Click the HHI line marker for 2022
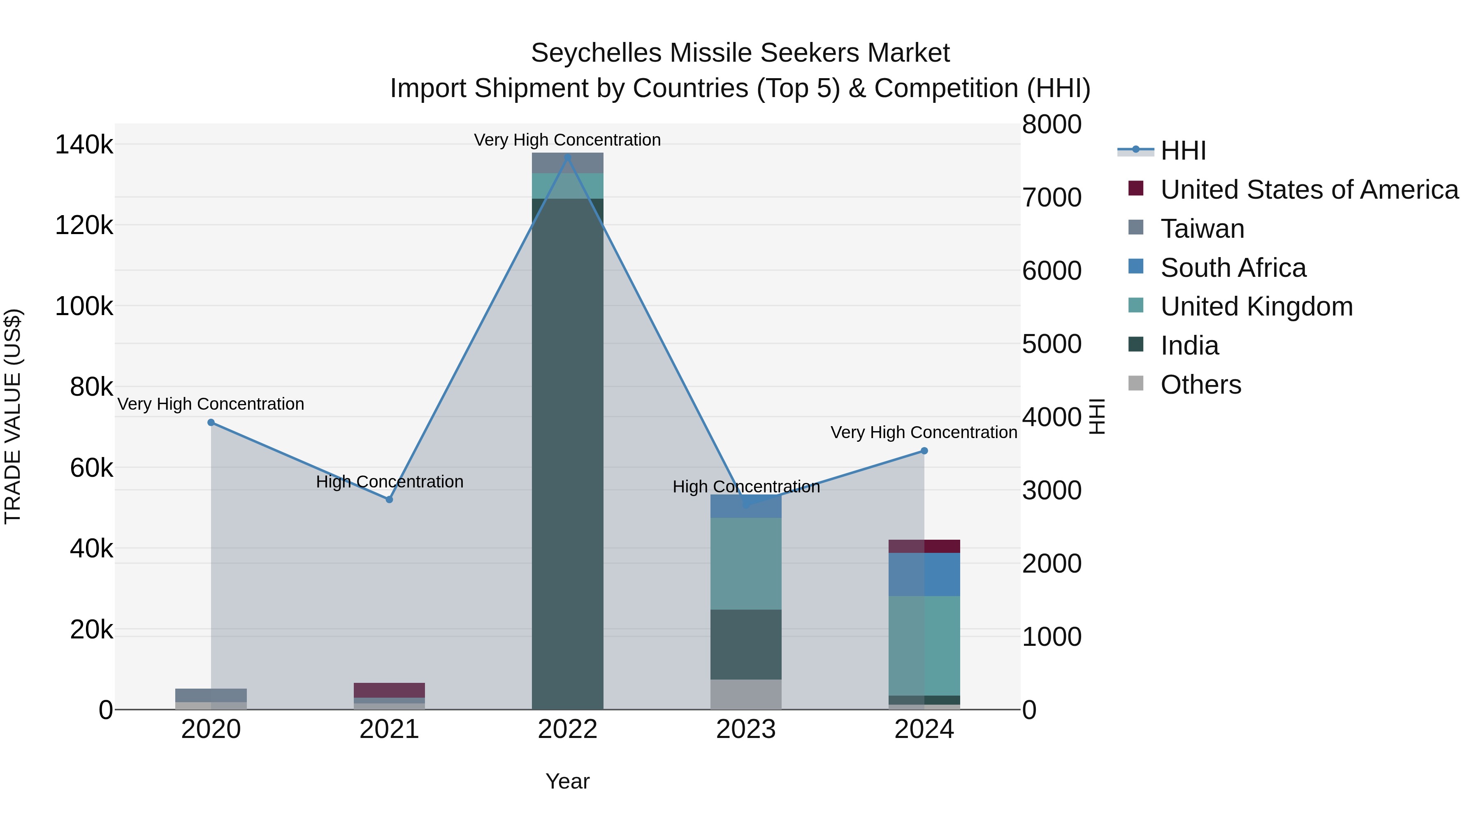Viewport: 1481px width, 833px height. (567, 157)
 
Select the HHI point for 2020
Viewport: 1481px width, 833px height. (211, 422)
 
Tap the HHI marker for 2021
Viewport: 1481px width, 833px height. (389, 499)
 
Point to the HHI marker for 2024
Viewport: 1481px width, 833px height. (924, 451)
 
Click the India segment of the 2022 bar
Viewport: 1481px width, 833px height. (567, 454)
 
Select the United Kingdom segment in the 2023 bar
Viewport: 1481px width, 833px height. (746, 564)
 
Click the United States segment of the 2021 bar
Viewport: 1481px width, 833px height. (389, 690)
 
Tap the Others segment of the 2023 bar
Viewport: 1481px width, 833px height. (746, 694)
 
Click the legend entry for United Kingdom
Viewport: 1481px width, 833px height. (1256, 306)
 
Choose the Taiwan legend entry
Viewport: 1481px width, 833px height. (1202, 229)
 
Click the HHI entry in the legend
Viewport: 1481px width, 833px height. (1183, 151)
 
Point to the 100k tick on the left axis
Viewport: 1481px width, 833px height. (84, 306)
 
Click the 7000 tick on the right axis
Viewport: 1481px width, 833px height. (1052, 198)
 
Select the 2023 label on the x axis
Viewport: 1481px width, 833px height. (746, 729)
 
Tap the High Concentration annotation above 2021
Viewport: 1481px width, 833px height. (389, 482)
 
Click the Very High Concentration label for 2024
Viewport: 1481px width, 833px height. (924, 432)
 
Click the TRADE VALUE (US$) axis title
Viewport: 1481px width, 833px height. (13, 416)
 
